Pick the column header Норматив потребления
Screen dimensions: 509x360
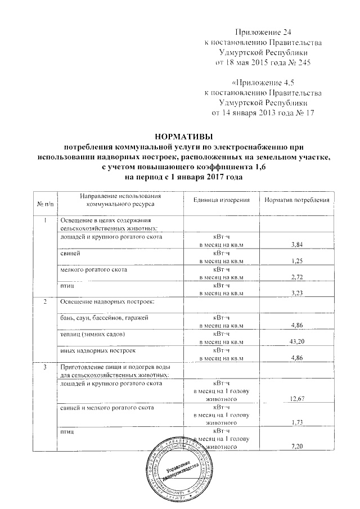296,200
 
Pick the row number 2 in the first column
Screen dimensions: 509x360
45,303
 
